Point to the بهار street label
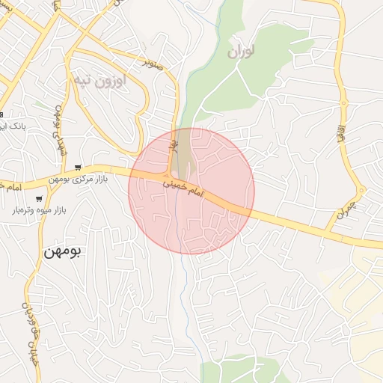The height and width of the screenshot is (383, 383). [174, 139]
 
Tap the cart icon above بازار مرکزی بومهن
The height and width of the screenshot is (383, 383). [78, 168]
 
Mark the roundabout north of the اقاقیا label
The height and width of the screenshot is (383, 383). [343, 102]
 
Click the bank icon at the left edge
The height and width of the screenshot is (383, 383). [1, 114]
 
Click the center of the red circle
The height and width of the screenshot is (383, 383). [191, 191]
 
